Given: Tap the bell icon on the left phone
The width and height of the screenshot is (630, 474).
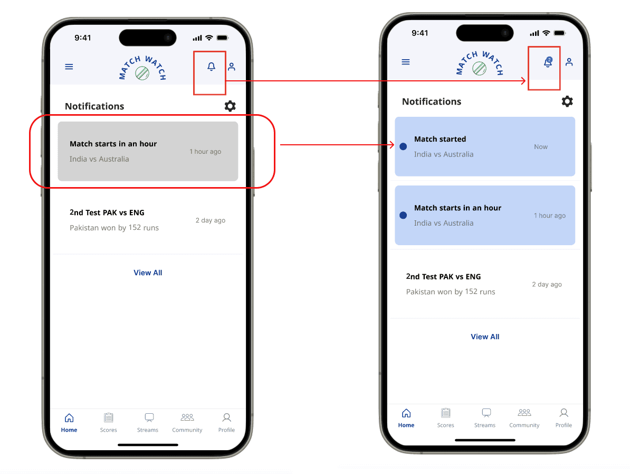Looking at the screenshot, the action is pyautogui.click(x=212, y=67).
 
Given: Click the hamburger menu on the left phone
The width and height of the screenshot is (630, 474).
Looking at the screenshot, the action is pyautogui.click(x=69, y=67).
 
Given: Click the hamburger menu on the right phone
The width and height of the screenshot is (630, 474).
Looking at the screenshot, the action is pyautogui.click(x=406, y=62).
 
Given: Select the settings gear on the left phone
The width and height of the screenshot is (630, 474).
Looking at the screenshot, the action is pyautogui.click(x=230, y=106).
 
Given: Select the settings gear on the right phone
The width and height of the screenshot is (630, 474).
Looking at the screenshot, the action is pyautogui.click(x=567, y=101).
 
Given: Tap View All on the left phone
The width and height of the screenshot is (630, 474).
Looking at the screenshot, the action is pyautogui.click(x=148, y=273).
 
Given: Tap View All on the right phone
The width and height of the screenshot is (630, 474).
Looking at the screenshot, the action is pyautogui.click(x=485, y=337).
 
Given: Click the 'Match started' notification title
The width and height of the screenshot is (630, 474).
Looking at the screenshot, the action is pyautogui.click(x=440, y=139).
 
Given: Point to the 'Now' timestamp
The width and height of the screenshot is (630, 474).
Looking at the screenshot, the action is pyautogui.click(x=541, y=147).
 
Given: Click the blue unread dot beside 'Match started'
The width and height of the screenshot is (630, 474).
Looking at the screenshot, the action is pyautogui.click(x=404, y=146).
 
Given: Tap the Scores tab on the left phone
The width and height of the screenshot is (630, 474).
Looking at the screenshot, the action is pyautogui.click(x=109, y=423).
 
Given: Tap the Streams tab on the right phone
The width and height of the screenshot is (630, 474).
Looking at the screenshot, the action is pyautogui.click(x=485, y=417).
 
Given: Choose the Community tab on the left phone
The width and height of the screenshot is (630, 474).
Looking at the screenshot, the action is pyautogui.click(x=187, y=423).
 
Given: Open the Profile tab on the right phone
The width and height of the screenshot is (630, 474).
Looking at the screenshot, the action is pyautogui.click(x=564, y=417).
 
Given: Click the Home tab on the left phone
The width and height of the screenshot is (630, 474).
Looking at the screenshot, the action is pyautogui.click(x=69, y=423).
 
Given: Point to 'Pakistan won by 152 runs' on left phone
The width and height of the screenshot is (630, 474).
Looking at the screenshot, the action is pyautogui.click(x=114, y=228).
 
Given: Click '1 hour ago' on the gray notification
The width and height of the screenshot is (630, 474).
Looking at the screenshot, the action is pyautogui.click(x=205, y=152).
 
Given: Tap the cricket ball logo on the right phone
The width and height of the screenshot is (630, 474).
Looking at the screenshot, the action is pyautogui.click(x=479, y=68).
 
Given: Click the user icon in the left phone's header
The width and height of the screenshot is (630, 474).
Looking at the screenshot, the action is pyautogui.click(x=232, y=67).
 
